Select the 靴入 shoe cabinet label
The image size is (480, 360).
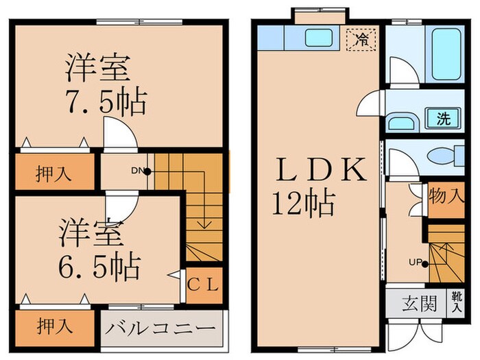(x=456, y=302)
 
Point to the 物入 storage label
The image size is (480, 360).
(x=446, y=197)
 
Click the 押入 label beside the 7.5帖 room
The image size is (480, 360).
(x=53, y=173)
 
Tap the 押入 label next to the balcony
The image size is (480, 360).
(x=53, y=324)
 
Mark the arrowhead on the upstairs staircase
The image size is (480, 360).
(x=203, y=224)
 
